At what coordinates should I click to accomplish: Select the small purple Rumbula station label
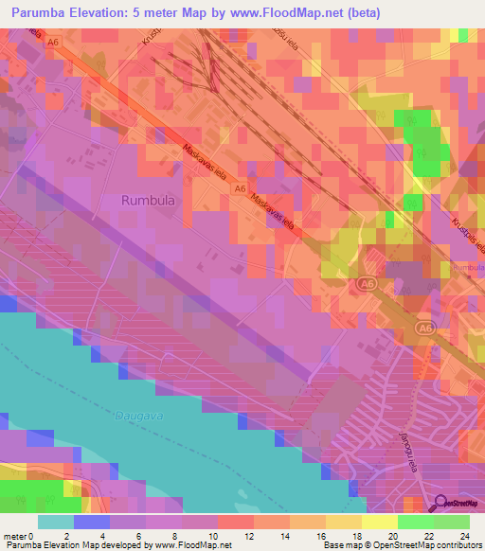[467, 268]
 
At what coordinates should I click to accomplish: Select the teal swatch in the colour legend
[56, 522]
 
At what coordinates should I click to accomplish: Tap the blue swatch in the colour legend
[92, 522]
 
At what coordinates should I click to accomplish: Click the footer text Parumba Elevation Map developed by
[76, 544]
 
